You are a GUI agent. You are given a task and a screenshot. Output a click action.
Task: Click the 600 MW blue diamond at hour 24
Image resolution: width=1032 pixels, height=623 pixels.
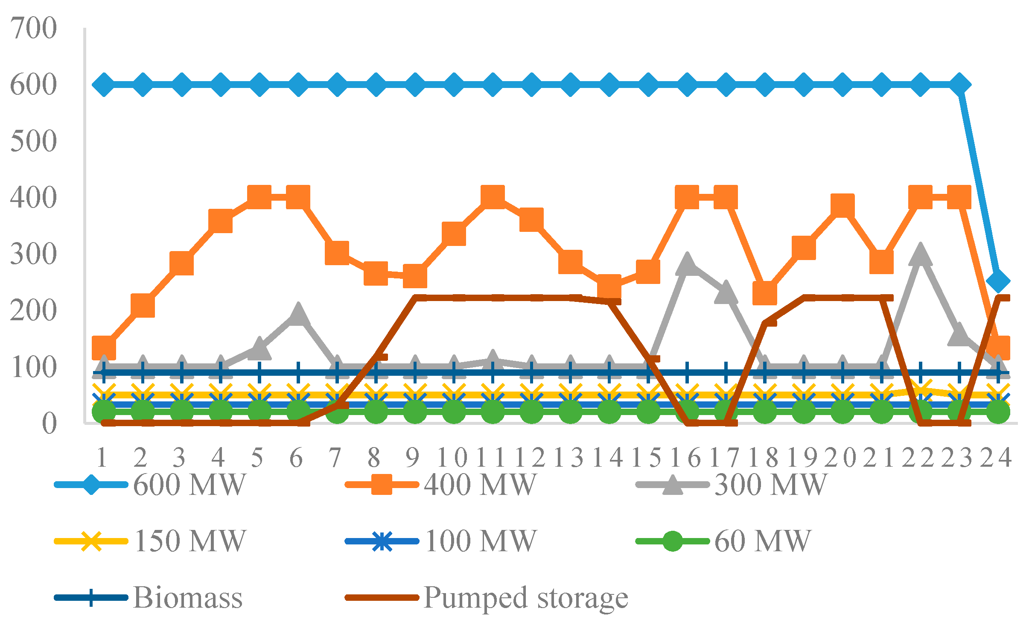click(x=998, y=281)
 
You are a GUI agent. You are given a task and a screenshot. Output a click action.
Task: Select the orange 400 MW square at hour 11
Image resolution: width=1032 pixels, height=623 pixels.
click(x=493, y=197)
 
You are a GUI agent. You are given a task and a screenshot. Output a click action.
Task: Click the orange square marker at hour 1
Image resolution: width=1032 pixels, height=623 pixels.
click(x=104, y=347)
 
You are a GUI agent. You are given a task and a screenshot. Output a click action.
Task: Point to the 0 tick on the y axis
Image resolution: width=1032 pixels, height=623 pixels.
click(x=49, y=423)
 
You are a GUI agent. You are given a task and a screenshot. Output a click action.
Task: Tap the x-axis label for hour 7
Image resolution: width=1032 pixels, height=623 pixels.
click(x=335, y=458)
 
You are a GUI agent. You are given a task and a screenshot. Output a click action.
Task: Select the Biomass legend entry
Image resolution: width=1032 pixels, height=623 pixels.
click(x=188, y=597)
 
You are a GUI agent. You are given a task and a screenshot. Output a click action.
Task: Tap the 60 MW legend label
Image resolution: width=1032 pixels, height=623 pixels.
click(x=762, y=541)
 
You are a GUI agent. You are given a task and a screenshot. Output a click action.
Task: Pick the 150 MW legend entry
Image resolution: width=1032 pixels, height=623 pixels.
click(x=190, y=541)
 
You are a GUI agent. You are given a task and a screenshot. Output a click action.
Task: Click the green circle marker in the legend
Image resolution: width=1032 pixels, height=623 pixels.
click(x=672, y=541)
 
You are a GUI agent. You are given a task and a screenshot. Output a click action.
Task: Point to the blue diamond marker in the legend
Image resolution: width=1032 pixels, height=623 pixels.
click(x=91, y=485)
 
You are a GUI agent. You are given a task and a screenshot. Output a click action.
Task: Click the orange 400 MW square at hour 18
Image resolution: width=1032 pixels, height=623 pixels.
click(x=764, y=292)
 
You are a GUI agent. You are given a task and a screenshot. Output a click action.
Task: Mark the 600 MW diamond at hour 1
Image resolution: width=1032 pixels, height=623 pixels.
click(x=104, y=85)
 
